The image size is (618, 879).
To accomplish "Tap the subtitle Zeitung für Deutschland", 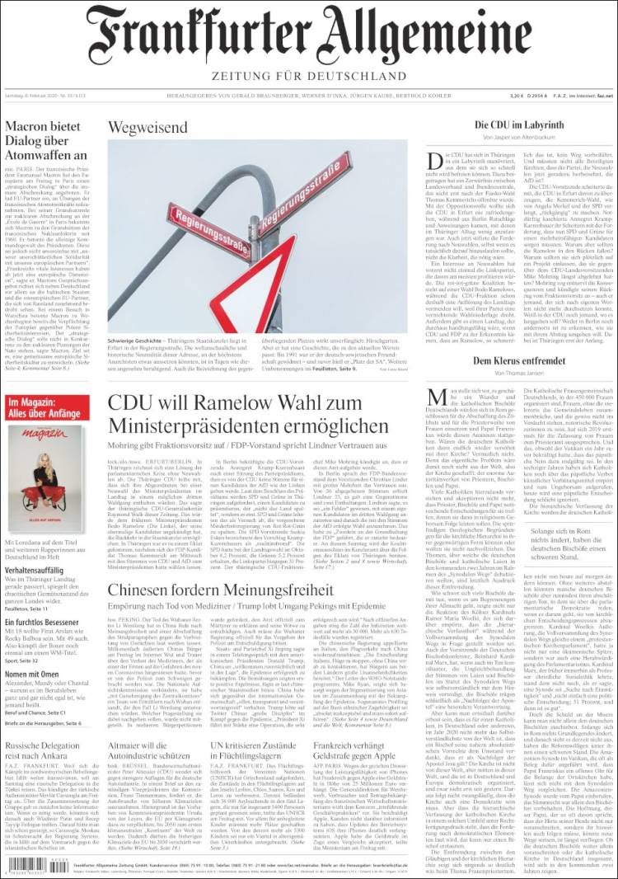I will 308,78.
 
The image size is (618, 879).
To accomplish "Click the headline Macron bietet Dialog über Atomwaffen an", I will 46,141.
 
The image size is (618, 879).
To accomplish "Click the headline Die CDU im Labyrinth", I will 518,125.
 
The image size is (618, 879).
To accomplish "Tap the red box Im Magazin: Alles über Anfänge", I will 47,406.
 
